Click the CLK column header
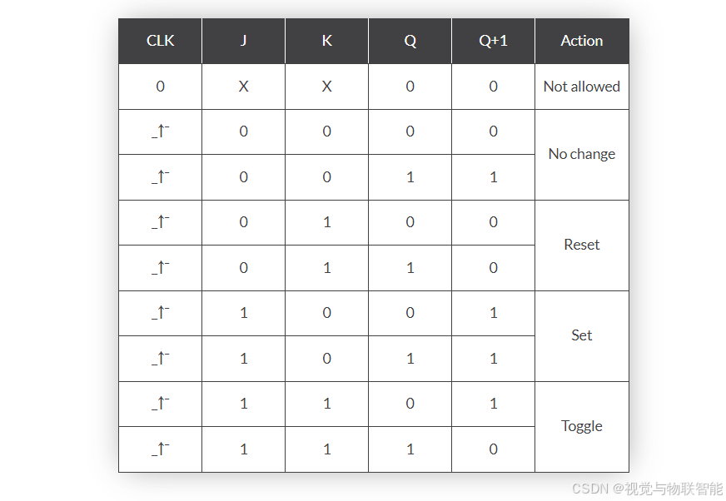(x=160, y=41)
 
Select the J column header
(x=243, y=41)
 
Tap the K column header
(x=326, y=41)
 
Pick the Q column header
(x=410, y=41)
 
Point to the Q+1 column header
(x=493, y=41)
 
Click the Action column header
(x=581, y=41)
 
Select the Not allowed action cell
(x=581, y=87)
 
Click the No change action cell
(x=581, y=154)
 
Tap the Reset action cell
(x=581, y=245)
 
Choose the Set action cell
(x=581, y=335)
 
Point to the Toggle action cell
(x=581, y=426)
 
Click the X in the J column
(x=243, y=87)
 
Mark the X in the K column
(x=326, y=87)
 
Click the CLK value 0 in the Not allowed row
(x=160, y=87)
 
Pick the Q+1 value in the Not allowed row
(x=493, y=87)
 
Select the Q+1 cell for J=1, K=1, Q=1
(x=493, y=449)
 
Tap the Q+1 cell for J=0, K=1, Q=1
(x=493, y=268)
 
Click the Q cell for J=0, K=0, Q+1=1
(x=410, y=177)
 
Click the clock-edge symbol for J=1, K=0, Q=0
(x=160, y=313)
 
